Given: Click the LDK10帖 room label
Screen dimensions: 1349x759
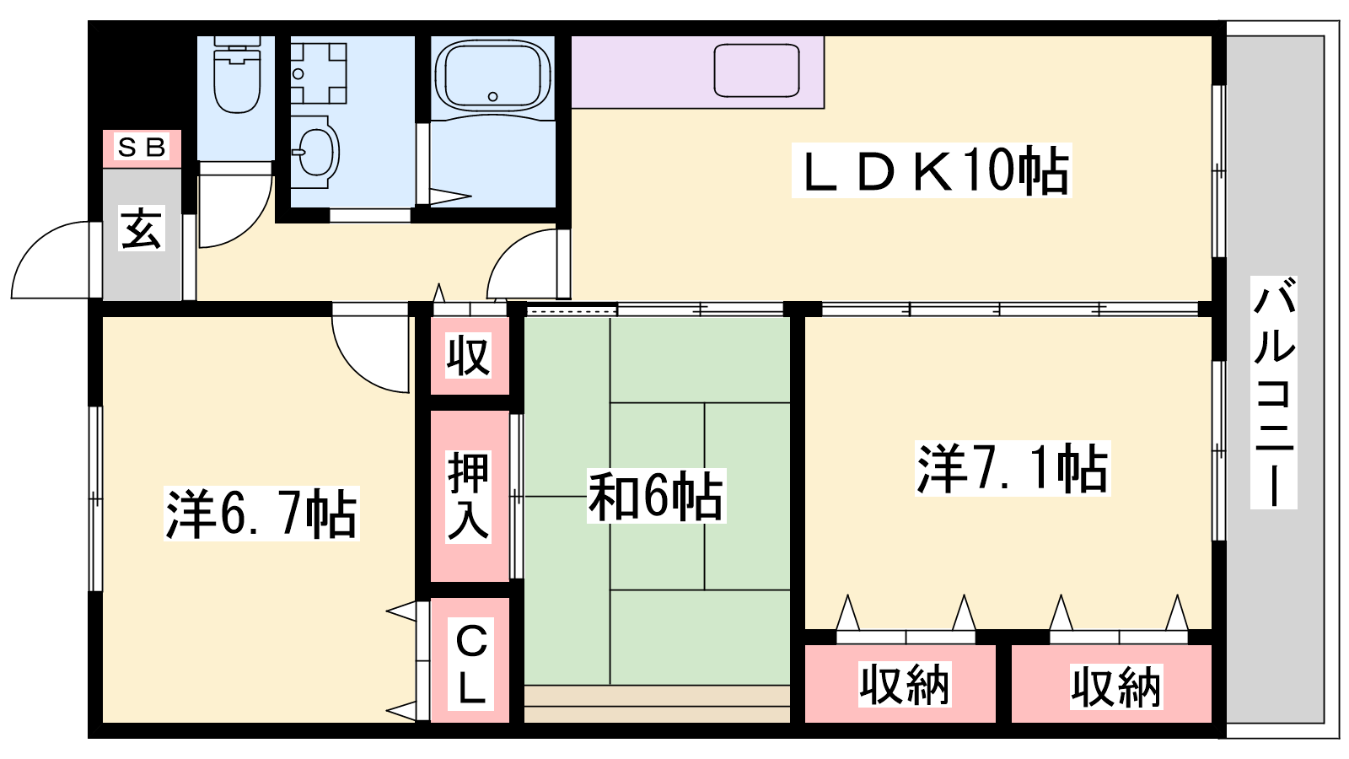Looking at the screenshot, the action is point(932,170).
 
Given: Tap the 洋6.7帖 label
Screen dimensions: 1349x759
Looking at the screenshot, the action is point(261,514).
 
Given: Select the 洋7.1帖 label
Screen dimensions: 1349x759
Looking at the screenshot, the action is point(1013,469).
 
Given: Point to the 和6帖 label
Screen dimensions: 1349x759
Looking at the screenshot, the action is point(656,496).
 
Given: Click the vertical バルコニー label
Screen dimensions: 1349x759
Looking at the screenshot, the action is point(1274,392).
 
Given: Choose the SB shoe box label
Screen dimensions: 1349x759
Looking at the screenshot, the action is point(142,147).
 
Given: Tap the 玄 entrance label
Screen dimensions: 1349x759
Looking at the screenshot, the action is point(142,229).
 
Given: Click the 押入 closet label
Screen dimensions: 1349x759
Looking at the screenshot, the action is point(468,496).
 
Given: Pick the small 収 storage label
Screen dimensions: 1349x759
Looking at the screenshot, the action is point(468,356).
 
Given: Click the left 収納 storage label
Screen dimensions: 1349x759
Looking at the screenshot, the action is point(905,684).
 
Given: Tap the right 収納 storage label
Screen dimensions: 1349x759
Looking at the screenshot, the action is point(1116,686).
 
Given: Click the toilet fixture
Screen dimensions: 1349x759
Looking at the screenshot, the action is point(237,74).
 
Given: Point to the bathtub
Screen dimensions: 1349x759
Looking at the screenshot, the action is point(492,75).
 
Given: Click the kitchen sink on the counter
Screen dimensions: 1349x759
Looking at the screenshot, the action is point(756,71).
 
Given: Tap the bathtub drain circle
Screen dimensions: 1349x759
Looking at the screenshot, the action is point(492,96).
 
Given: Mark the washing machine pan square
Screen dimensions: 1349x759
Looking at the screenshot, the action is point(320,73).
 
